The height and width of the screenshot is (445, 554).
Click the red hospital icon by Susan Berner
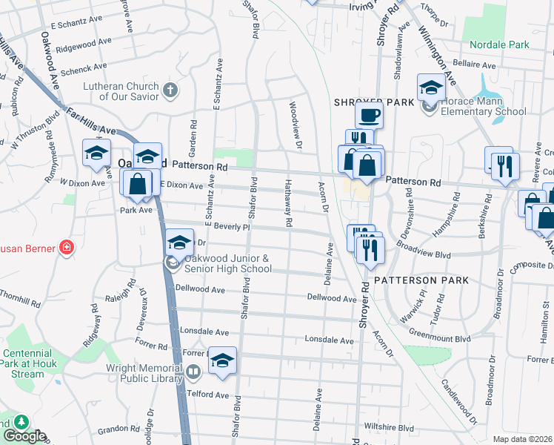pyautogui.click(x=67, y=246)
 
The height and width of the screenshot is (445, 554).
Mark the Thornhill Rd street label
pyautogui.click(x=20, y=298)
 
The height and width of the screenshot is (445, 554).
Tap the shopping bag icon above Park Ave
pyautogui.click(x=138, y=184)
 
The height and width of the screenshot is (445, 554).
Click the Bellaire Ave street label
pyautogui.click(x=473, y=65)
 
